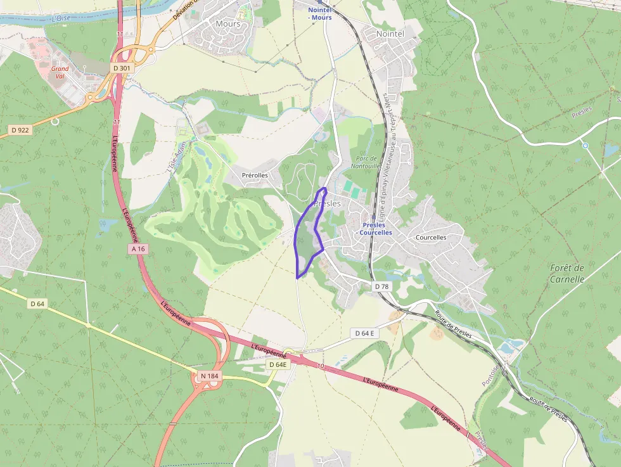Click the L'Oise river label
click(61, 18)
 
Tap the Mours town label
click(228, 24)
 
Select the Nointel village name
click(390, 34)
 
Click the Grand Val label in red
click(60, 72)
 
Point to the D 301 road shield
click(120, 68)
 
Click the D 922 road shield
click(20, 130)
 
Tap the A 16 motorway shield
click(139, 249)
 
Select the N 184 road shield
click(209, 376)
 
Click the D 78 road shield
click(381, 286)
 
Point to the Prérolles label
click(255, 175)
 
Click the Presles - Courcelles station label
click(374, 229)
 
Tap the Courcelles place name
click(431, 238)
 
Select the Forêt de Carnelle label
click(567, 273)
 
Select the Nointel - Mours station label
click(320, 14)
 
